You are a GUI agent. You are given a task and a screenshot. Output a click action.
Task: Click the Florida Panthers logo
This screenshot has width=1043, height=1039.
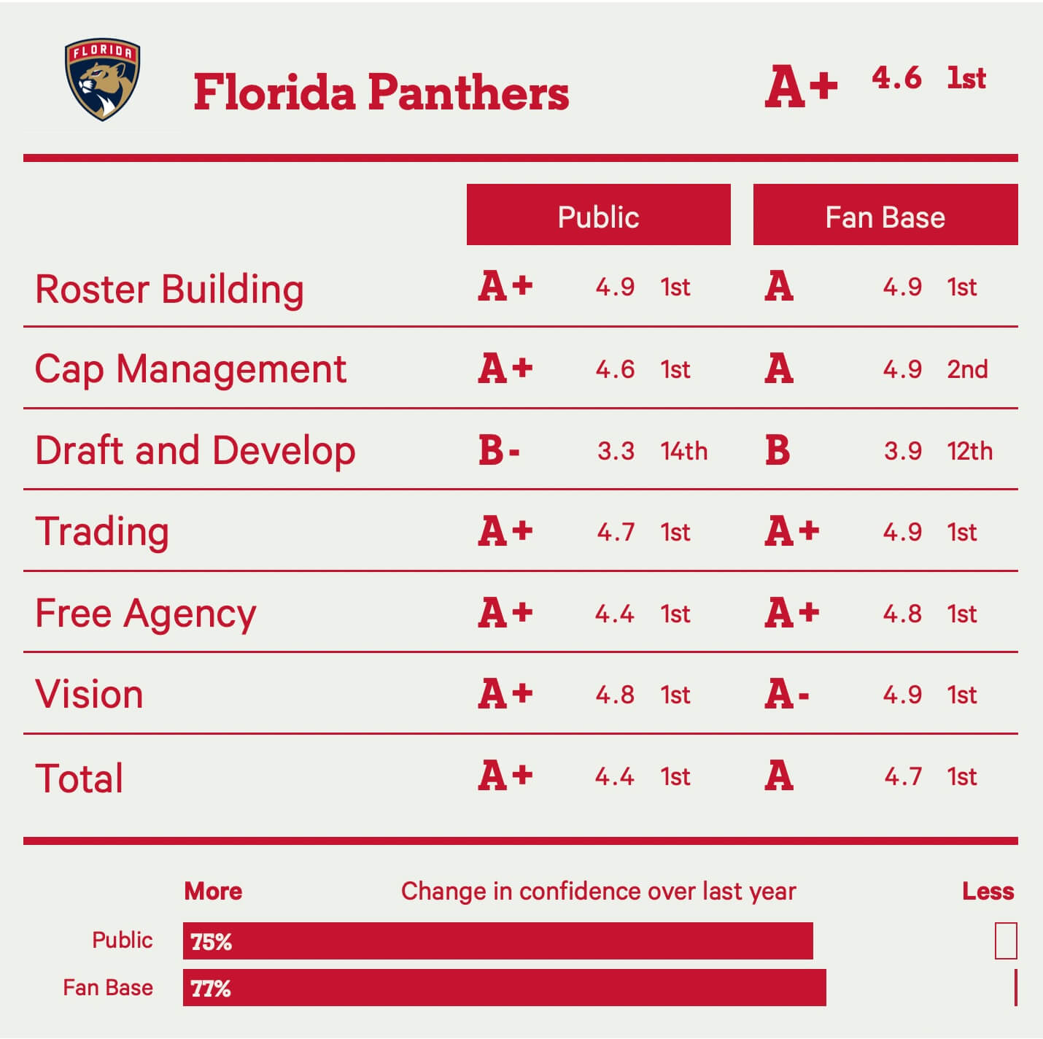(x=102, y=80)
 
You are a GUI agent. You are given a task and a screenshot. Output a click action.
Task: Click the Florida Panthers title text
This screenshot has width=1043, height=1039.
(x=381, y=93)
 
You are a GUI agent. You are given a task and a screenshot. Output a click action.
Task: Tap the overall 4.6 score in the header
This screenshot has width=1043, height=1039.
(x=896, y=78)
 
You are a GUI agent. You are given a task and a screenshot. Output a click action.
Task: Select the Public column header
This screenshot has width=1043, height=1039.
(x=598, y=217)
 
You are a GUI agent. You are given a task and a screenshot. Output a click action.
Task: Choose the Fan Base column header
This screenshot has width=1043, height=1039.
(x=885, y=217)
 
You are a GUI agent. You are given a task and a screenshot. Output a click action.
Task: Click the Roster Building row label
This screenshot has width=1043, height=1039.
(x=169, y=289)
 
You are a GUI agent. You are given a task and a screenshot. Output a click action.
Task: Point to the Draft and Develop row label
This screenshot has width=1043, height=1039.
(x=195, y=450)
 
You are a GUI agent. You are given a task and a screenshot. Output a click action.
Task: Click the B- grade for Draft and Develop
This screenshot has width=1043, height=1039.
(x=499, y=450)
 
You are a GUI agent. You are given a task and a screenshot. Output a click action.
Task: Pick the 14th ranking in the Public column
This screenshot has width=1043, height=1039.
(x=683, y=451)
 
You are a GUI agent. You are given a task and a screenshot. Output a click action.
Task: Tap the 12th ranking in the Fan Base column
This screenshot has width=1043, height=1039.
(x=969, y=451)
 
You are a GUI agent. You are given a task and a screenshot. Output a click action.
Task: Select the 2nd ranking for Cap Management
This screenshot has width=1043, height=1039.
(x=967, y=369)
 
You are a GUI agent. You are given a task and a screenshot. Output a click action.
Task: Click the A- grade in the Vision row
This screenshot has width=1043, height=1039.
(x=787, y=694)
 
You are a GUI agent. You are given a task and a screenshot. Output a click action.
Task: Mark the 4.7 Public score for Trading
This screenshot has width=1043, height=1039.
(x=616, y=532)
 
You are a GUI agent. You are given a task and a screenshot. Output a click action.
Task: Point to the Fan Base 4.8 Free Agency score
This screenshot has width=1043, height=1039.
(x=902, y=614)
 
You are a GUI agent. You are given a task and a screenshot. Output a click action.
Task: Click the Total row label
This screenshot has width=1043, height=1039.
(x=79, y=778)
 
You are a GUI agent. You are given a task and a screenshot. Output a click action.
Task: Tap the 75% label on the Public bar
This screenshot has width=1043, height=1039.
(x=211, y=941)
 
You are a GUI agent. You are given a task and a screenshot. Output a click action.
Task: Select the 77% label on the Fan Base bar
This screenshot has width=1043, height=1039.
(x=211, y=989)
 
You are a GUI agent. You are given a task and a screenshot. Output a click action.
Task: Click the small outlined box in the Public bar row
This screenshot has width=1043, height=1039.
(x=1005, y=940)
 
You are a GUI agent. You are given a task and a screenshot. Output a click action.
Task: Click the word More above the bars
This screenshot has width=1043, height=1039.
(x=213, y=891)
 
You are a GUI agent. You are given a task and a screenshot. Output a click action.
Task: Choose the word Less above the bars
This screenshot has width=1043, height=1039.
(x=988, y=891)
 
